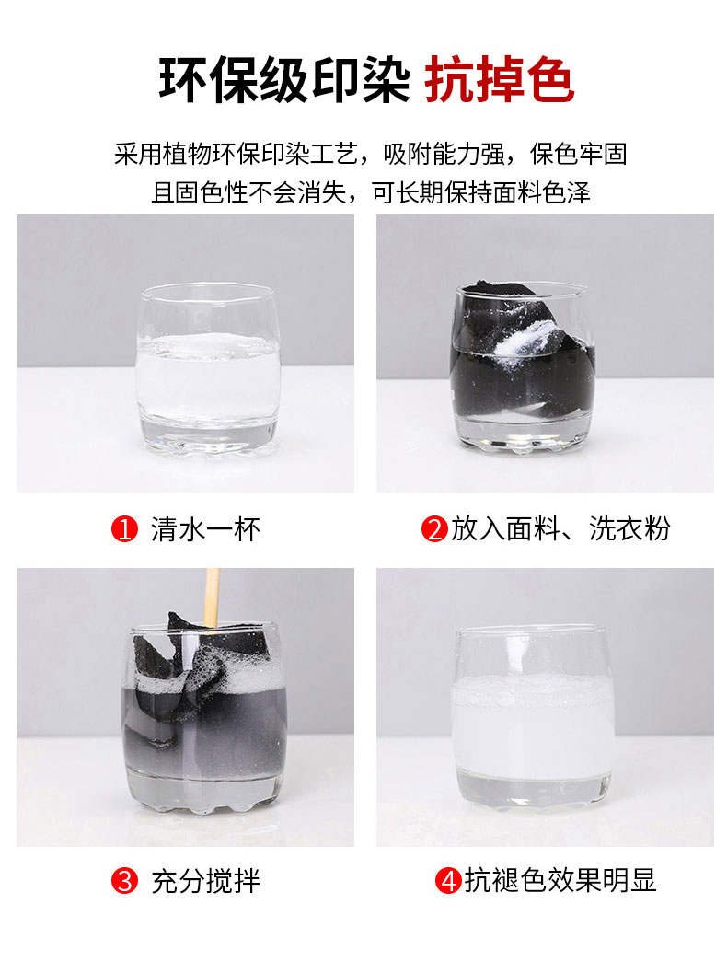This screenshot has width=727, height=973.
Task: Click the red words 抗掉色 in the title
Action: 500,79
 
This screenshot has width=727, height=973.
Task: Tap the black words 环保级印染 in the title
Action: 284,79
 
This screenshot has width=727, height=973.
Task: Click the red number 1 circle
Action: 124,529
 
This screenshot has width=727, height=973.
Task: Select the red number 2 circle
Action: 434,529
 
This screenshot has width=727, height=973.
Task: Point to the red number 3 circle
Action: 124,881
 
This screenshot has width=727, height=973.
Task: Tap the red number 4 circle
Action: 448,881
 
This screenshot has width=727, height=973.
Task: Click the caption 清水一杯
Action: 205,529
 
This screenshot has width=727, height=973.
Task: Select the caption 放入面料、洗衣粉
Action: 560,528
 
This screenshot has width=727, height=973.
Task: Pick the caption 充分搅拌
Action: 205,881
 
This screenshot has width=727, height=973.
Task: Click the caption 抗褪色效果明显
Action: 560,881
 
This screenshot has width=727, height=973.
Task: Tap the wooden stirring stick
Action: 213,598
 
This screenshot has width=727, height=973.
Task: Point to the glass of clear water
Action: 208,367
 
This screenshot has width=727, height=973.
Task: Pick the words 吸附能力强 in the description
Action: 444,154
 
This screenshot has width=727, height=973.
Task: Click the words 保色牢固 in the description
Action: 578,154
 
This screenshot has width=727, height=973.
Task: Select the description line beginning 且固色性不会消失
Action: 370,193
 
